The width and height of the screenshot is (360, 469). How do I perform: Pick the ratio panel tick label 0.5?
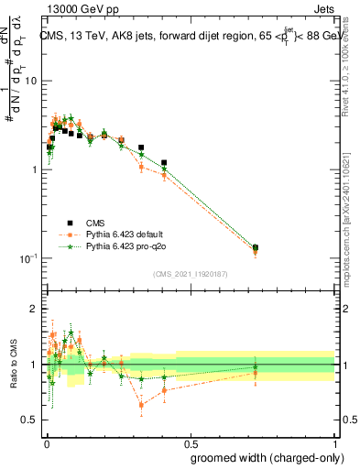tap(30, 420)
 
